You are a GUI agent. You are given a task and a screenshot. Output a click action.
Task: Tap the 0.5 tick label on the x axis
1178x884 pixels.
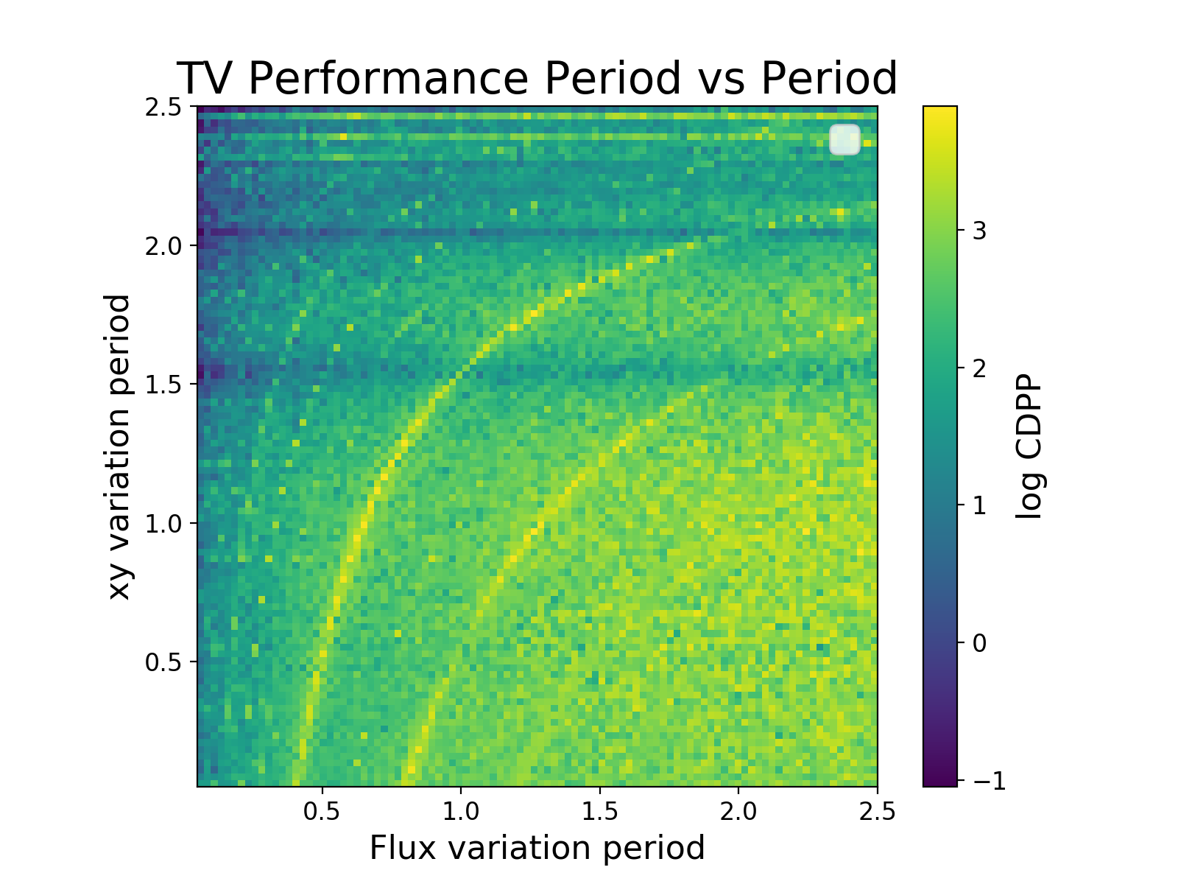click(x=322, y=812)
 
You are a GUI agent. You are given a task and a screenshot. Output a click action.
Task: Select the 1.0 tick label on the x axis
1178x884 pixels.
click(x=460, y=812)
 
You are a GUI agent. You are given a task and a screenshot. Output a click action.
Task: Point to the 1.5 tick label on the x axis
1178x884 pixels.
click(x=599, y=812)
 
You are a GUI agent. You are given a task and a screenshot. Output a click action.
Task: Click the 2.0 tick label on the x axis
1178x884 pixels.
click(x=738, y=812)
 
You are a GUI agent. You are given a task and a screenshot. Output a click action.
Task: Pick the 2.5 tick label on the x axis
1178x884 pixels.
click(x=877, y=812)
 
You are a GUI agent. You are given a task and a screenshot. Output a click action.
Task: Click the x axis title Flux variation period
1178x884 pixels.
click(x=537, y=848)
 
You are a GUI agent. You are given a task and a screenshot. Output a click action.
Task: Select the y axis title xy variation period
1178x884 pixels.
click(x=120, y=446)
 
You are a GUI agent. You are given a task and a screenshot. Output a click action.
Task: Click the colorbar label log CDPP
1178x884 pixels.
click(x=1029, y=446)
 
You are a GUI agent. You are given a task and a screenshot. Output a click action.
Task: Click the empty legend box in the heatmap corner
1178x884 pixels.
click(x=844, y=139)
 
